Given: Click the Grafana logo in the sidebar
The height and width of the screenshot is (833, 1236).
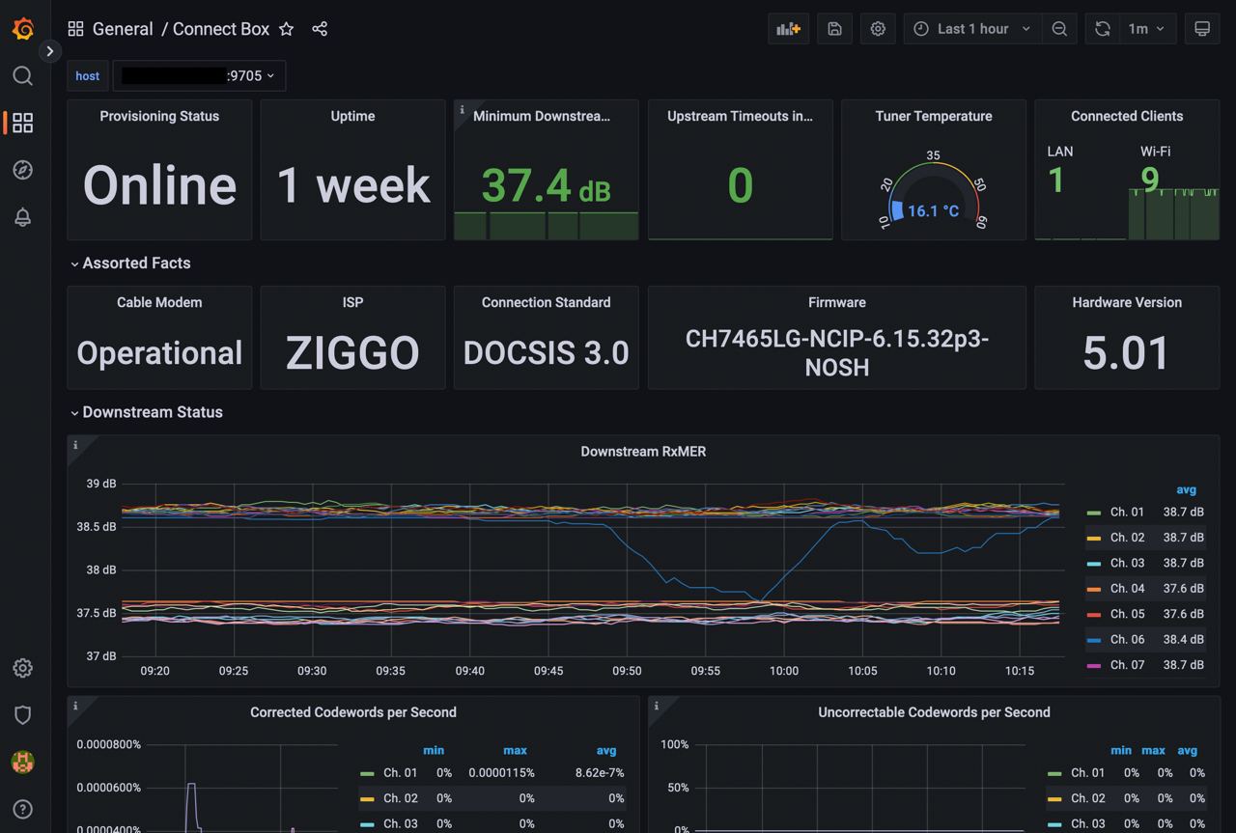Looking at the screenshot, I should point(23,29).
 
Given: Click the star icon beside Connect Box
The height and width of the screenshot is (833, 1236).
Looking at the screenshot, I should point(287,29).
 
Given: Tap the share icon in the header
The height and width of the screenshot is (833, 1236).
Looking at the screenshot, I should point(320,29).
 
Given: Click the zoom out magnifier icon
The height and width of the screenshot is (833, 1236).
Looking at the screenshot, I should point(1059,29).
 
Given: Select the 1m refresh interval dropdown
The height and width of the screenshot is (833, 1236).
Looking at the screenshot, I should point(1146,29).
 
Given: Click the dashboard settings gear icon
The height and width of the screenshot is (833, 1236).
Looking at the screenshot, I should point(878,29).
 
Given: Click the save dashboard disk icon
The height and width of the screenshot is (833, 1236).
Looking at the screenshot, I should point(834,29).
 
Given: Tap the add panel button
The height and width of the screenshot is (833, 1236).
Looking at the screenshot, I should point(789,29).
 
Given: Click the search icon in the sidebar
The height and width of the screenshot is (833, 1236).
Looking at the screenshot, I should point(23,76).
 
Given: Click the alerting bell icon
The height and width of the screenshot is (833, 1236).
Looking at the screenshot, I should point(23,217).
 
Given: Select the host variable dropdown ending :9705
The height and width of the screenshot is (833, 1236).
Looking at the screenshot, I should point(199,76).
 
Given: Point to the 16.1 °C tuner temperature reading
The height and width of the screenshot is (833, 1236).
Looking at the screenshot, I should point(933,210).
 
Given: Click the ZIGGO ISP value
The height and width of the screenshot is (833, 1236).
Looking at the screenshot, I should point(352,353).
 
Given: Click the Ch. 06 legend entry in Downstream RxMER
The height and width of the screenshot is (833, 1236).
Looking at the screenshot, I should point(1126,639).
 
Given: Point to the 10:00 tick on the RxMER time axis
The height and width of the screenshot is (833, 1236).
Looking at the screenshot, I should point(784,671).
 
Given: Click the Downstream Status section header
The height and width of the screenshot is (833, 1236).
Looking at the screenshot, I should point(153,412).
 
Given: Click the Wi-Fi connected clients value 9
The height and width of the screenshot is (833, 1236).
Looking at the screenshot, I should point(1149,180).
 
